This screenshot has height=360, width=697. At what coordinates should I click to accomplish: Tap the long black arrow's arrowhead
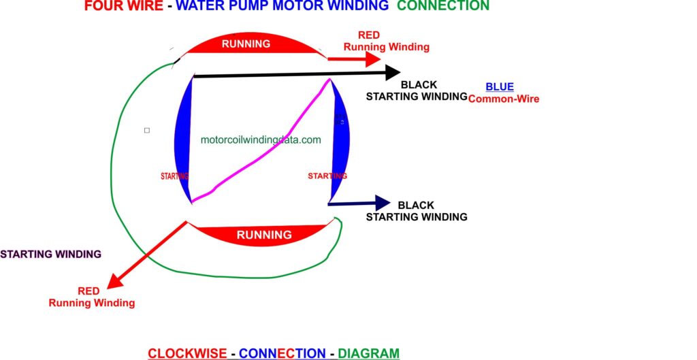click(391, 71)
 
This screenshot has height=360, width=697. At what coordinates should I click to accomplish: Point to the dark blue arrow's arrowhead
click(382, 202)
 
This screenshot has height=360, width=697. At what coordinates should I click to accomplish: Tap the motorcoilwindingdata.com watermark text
click(261, 140)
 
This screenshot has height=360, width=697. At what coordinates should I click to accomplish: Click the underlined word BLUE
click(500, 87)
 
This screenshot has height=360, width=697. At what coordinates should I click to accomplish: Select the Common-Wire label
click(503, 99)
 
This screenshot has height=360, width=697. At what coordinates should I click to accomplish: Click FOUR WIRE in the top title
click(123, 6)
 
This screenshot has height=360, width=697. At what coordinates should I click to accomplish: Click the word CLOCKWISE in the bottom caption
click(187, 353)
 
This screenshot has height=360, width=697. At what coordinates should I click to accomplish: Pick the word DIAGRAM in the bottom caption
click(368, 353)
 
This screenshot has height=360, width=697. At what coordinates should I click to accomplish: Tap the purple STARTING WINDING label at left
click(50, 254)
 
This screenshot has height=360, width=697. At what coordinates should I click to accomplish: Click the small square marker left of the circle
click(147, 129)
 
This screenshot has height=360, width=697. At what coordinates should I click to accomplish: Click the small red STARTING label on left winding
click(174, 176)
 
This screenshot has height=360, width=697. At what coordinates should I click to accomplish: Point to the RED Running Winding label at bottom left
click(91, 297)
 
